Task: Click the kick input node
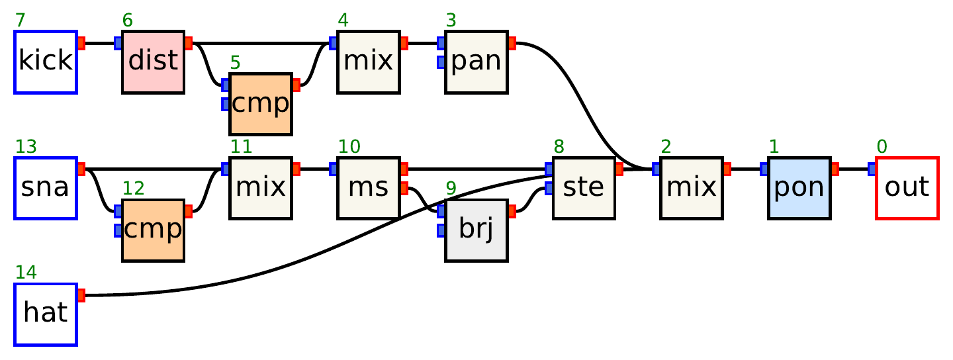pos(46,62)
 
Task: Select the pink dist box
pos(153,62)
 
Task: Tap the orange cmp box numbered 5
pos(260,104)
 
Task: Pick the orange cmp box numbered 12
pos(153,230)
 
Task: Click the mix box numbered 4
pos(368,62)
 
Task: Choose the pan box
pos(476,62)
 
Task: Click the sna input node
pos(46,188)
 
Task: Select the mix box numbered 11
pos(260,188)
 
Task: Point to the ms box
pos(368,188)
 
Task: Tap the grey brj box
pos(476,230)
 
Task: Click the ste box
pos(584,188)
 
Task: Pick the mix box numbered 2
pos(691,188)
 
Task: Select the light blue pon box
pos(799,188)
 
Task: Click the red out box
pos(907,188)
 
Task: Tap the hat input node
pos(46,314)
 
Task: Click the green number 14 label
pos(26,273)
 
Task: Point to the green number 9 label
pos(451,189)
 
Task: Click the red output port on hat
pos(81,295)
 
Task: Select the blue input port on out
pos(872,169)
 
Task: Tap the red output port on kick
pos(81,43)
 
